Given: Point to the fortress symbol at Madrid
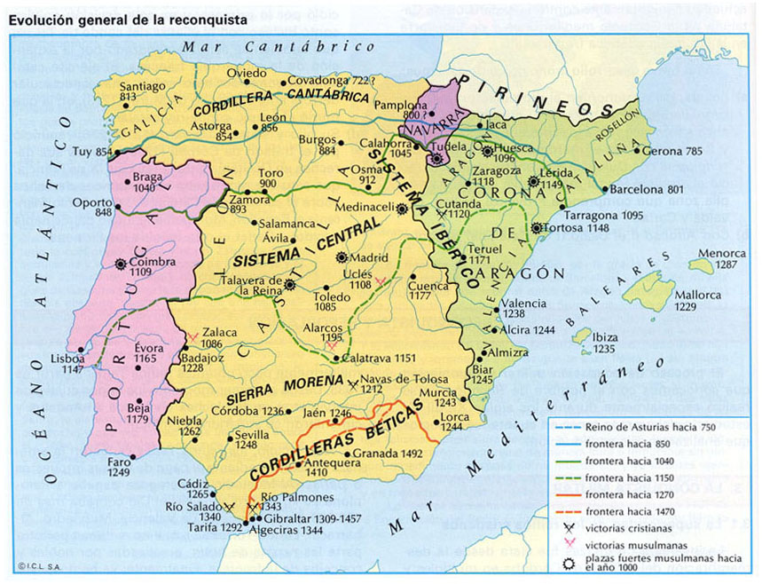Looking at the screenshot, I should (x=342, y=256).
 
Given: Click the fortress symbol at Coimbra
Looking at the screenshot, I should (x=121, y=264).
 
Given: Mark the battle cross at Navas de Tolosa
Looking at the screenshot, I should (x=354, y=382).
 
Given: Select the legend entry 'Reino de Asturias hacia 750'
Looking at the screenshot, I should (x=642, y=427).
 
